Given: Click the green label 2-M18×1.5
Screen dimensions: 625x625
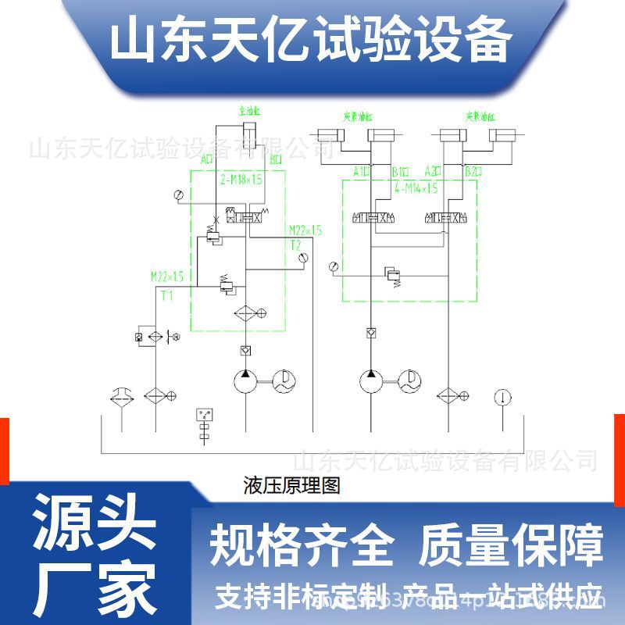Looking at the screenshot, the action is (x=241, y=179).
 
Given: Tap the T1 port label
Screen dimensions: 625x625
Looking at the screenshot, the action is (x=166, y=295).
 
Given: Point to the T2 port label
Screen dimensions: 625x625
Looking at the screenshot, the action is (x=295, y=245).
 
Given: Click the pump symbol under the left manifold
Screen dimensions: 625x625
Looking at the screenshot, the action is (x=245, y=381).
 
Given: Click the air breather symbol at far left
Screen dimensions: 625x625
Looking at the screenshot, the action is (x=122, y=395).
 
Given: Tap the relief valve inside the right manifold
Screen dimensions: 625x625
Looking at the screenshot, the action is (x=392, y=276).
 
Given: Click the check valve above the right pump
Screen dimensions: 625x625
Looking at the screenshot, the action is (x=371, y=334).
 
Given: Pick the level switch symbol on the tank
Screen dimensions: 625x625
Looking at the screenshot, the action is (x=205, y=422).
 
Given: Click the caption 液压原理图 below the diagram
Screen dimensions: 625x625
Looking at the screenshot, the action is (x=291, y=486).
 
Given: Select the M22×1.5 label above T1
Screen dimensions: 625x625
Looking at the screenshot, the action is (x=167, y=276).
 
